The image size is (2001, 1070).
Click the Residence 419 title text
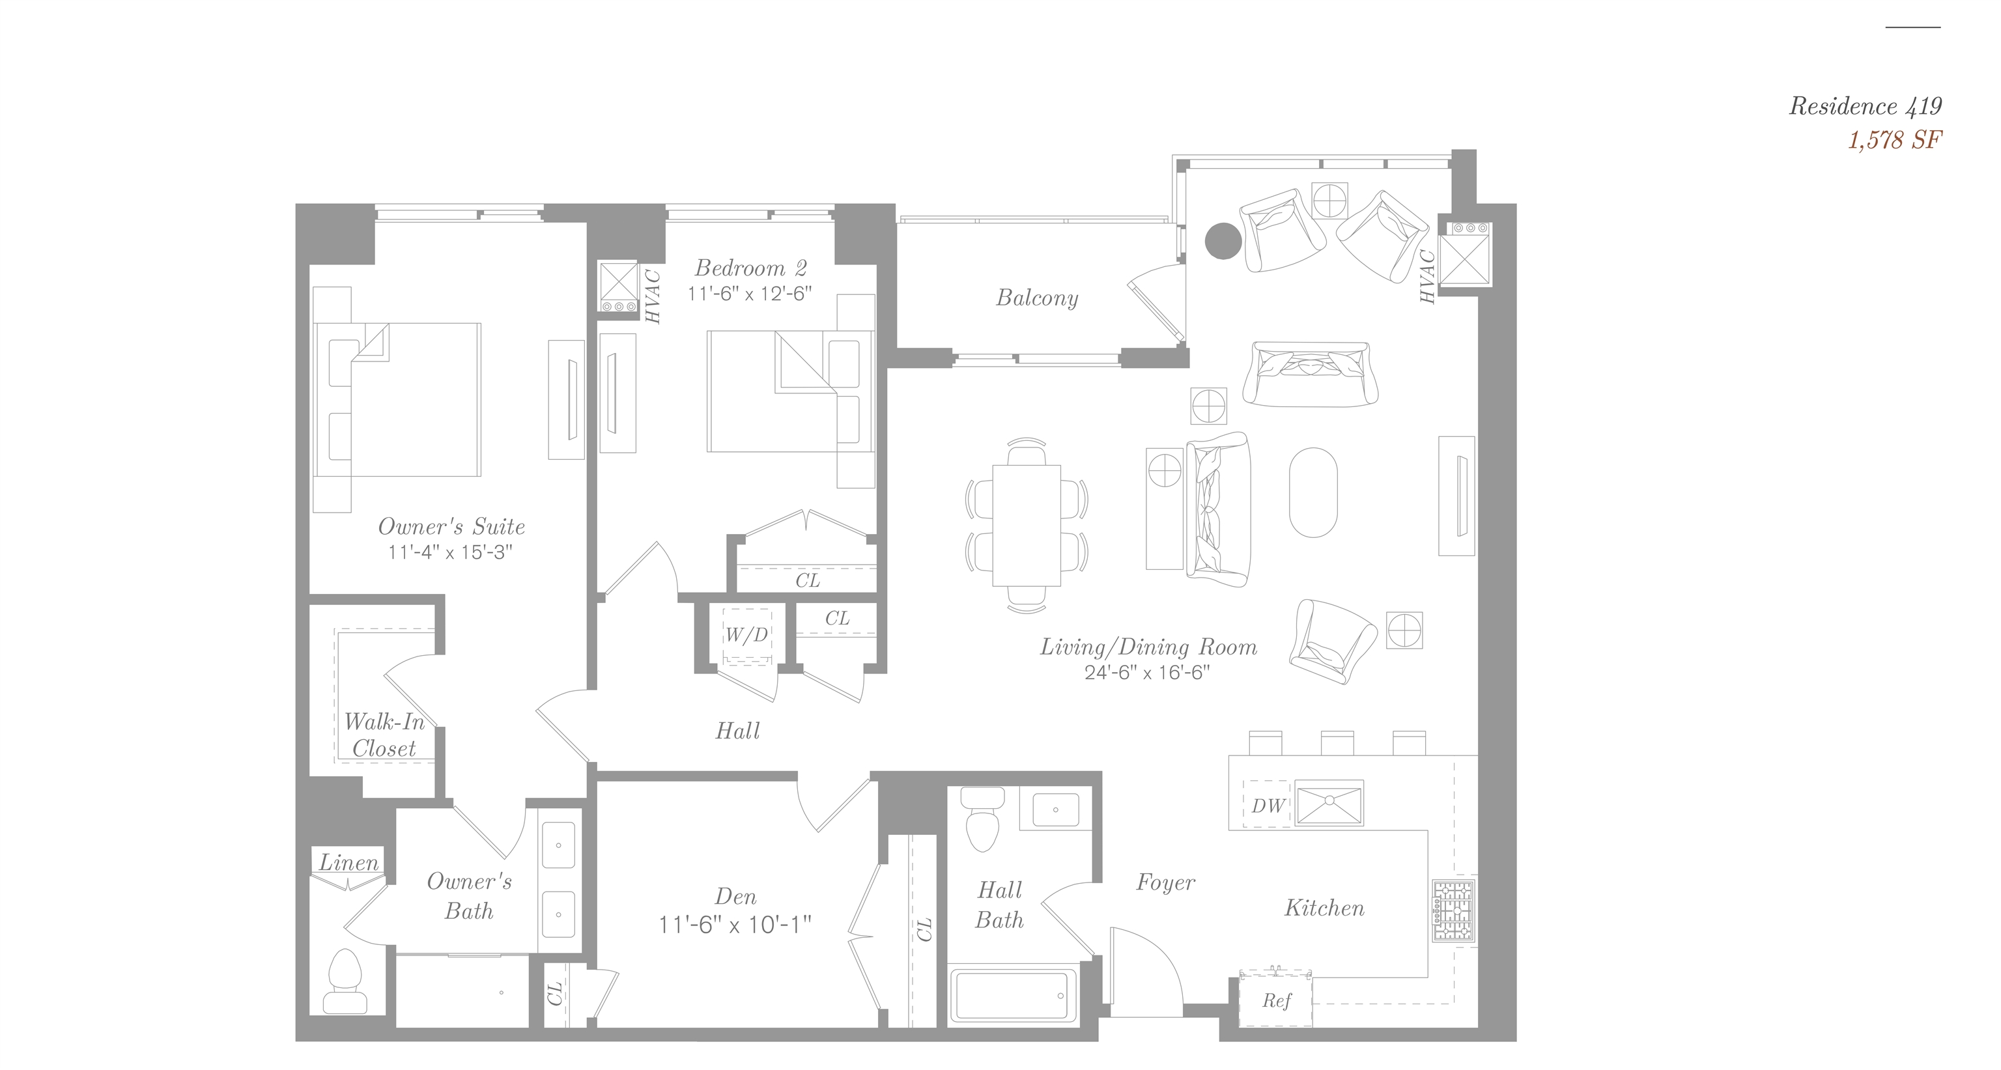pyautogui.click(x=1865, y=106)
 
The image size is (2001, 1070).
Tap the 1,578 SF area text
pyautogui.click(x=1895, y=141)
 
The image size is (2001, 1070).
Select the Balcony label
pyautogui.click(x=1037, y=298)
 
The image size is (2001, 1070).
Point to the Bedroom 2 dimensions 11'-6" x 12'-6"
pyautogui.click(x=750, y=294)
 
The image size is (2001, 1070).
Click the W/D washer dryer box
pyautogui.click(x=746, y=636)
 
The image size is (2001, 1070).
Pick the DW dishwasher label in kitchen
pyautogui.click(x=1268, y=806)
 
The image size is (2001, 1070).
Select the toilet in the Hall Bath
pyautogui.click(x=983, y=819)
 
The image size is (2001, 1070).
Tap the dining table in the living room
pyautogui.click(x=1026, y=525)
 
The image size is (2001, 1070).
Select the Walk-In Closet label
pyautogui.click(x=384, y=735)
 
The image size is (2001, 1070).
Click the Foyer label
pyautogui.click(x=1165, y=883)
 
